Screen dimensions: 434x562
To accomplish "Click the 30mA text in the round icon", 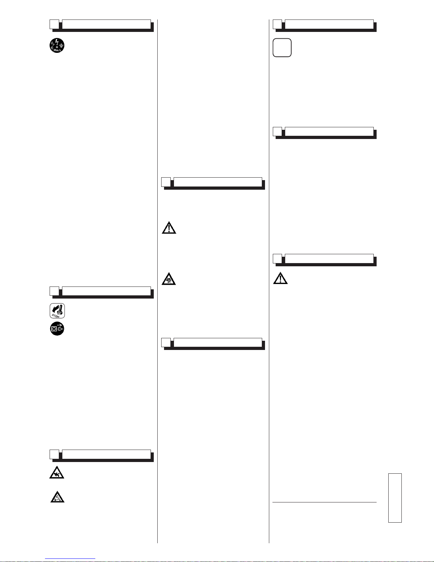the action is [x=57, y=51].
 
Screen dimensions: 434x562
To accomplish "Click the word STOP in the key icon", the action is [x=56, y=315].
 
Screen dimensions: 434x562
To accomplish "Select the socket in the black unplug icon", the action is [x=54, y=329].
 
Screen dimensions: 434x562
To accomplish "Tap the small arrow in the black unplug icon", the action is [x=60, y=325].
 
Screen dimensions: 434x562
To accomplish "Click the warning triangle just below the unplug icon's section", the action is [x=57, y=472].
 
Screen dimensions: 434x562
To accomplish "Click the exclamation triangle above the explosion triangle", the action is [x=169, y=227].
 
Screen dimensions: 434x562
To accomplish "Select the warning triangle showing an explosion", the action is [x=169, y=279].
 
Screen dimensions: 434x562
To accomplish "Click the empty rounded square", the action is [x=282, y=48].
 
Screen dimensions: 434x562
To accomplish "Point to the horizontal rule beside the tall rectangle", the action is [x=325, y=502].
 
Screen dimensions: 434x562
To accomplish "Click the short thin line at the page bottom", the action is [x=71, y=559].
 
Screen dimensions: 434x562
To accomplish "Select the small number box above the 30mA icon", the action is [x=54, y=24].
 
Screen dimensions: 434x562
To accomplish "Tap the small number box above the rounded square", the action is [x=277, y=24].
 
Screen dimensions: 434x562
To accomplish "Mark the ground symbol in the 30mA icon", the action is [x=61, y=45].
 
